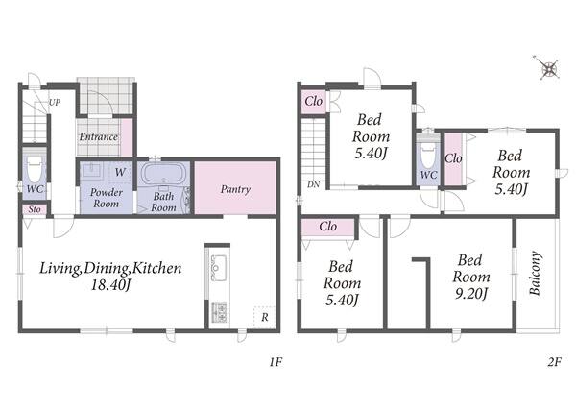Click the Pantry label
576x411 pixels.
[x=235, y=189]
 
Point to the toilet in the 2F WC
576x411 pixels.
[x=428, y=156]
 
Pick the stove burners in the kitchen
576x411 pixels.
[x=219, y=312]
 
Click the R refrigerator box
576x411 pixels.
[x=265, y=317]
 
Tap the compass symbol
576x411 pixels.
[x=548, y=68]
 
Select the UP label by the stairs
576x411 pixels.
[x=55, y=103]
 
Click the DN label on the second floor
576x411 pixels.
[x=313, y=184]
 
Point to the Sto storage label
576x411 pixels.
[x=35, y=209]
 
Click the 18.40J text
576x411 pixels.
[x=110, y=285]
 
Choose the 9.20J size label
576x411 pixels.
[x=471, y=294]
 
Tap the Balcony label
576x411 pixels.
[x=535, y=274]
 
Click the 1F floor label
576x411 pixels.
[x=276, y=363]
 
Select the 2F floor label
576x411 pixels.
[x=554, y=363]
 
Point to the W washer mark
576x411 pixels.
[x=120, y=172]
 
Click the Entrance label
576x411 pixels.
[x=99, y=137]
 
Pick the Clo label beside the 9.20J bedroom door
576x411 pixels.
[x=328, y=227]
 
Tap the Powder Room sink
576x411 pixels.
[x=91, y=171]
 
